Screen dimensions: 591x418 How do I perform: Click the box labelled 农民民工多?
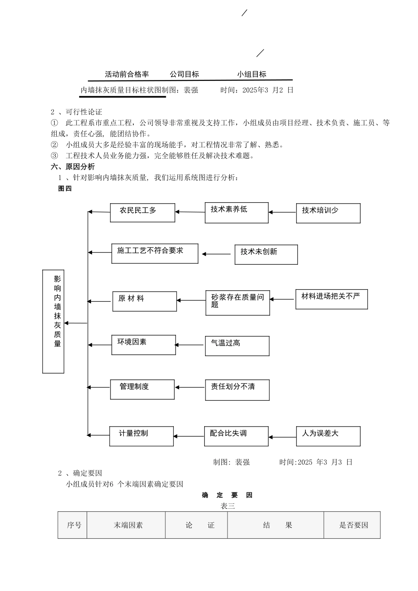(x=142, y=212)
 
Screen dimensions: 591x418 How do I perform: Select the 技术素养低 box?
(x=236, y=212)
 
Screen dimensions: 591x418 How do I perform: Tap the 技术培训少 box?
(x=328, y=213)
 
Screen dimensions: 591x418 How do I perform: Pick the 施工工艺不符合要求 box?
(x=154, y=253)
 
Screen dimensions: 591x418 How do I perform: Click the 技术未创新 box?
(x=266, y=254)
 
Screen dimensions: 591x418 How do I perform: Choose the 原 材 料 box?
(x=144, y=301)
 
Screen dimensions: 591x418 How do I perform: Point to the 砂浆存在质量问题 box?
(x=237, y=303)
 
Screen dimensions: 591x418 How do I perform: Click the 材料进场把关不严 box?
(x=331, y=299)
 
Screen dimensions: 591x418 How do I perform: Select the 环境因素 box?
(x=143, y=345)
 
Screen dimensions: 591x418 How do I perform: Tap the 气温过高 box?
(x=237, y=346)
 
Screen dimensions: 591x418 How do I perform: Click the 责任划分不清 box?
(x=237, y=390)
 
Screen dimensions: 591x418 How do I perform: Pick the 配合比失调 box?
(x=236, y=436)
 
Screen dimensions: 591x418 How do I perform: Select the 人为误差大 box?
(x=328, y=436)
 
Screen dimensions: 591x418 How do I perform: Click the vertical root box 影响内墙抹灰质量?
(x=53, y=321)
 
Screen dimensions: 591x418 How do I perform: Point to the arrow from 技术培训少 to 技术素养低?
(x=282, y=212)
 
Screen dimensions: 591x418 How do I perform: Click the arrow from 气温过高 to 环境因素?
(x=190, y=345)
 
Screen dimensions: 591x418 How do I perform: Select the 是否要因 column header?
(x=353, y=525)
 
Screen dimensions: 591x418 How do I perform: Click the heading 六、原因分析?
(x=73, y=167)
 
